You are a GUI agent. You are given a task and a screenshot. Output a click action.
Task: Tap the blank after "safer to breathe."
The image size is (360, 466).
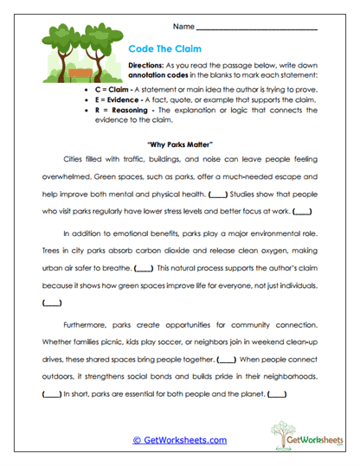(145, 266)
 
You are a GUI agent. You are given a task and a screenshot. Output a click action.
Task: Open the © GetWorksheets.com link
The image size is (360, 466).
(179, 439)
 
